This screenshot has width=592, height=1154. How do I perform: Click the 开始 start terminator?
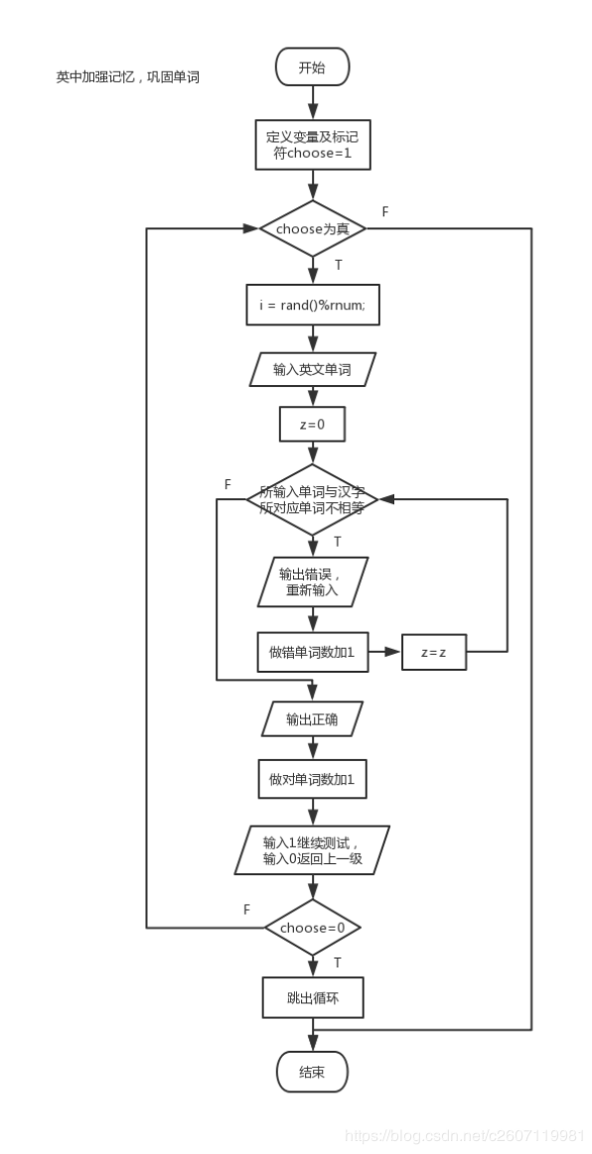click(x=312, y=68)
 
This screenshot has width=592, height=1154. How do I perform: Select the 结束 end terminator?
click(x=312, y=1071)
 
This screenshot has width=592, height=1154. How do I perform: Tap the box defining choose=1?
click(x=312, y=145)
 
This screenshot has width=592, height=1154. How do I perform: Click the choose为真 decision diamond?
click(x=312, y=228)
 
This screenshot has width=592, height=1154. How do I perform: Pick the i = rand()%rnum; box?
click(x=312, y=305)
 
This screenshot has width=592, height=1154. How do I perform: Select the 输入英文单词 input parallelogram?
click(x=312, y=369)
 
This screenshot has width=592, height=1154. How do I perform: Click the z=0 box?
click(x=312, y=425)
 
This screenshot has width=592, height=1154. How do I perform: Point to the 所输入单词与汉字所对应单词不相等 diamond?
click(x=312, y=500)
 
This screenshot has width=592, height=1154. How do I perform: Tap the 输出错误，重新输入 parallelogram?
click(x=312, y=581)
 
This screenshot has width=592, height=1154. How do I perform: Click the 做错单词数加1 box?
click(x=312, y=651)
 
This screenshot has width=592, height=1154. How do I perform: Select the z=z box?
click(x=434, y=652)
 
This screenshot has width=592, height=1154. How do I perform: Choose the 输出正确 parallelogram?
click(x=312, y=719)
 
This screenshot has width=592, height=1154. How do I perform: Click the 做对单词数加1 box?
click(x=312, y=778)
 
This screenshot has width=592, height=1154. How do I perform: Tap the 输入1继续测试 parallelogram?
click(x=312, y=850)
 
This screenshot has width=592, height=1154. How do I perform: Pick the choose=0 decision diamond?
click(x=312, y=928)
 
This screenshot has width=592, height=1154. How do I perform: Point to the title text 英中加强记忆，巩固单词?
click(x=127, y=76)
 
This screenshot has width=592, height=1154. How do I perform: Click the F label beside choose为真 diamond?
click(x=385, y=212)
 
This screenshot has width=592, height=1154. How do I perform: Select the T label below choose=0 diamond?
click(x=338, y=962)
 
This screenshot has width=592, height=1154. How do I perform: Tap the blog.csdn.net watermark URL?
click(x=465, y=1136)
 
